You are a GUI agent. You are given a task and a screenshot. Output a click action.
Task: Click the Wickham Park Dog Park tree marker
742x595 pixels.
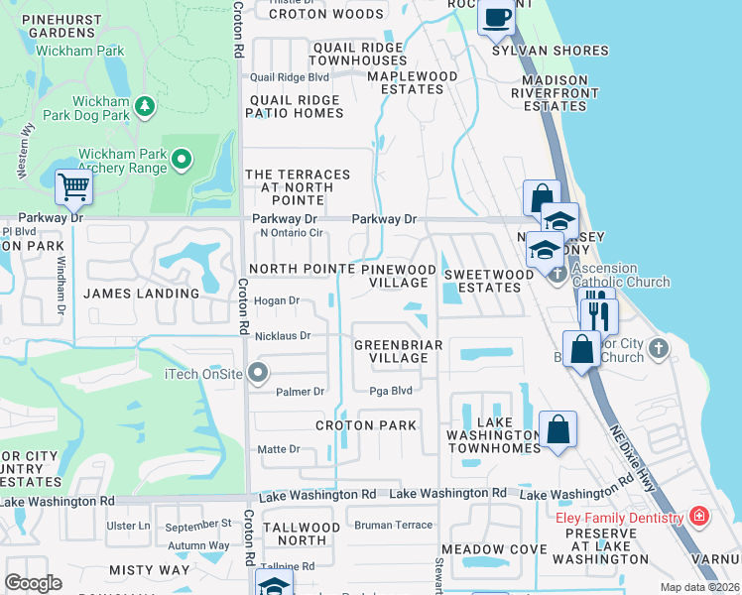tap(145, 105)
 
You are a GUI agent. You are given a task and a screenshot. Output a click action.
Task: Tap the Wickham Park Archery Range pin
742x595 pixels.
tap(182, 159)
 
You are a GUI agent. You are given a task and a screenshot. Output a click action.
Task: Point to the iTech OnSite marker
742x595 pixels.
tap(258, 373)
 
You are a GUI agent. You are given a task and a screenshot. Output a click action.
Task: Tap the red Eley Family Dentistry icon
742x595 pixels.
tap(699, 517)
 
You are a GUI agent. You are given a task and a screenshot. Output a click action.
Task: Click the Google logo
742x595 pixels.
tap(33, 582)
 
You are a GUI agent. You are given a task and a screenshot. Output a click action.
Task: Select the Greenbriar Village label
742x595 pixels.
tap(391, 351)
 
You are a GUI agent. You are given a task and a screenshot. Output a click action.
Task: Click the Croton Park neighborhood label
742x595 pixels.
tap(366, 425)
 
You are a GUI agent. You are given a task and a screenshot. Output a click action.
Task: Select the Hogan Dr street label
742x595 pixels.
tap(277, 300)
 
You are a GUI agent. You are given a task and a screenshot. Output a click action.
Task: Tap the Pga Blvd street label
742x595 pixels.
tap(391, 392)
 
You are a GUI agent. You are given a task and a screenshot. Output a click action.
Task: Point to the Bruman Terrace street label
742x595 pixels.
tap(394, 525)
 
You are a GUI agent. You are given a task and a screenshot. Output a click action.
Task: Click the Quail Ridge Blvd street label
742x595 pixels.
tap(289, 76)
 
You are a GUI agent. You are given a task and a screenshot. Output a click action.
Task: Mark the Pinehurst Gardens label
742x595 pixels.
tap(48, 25)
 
